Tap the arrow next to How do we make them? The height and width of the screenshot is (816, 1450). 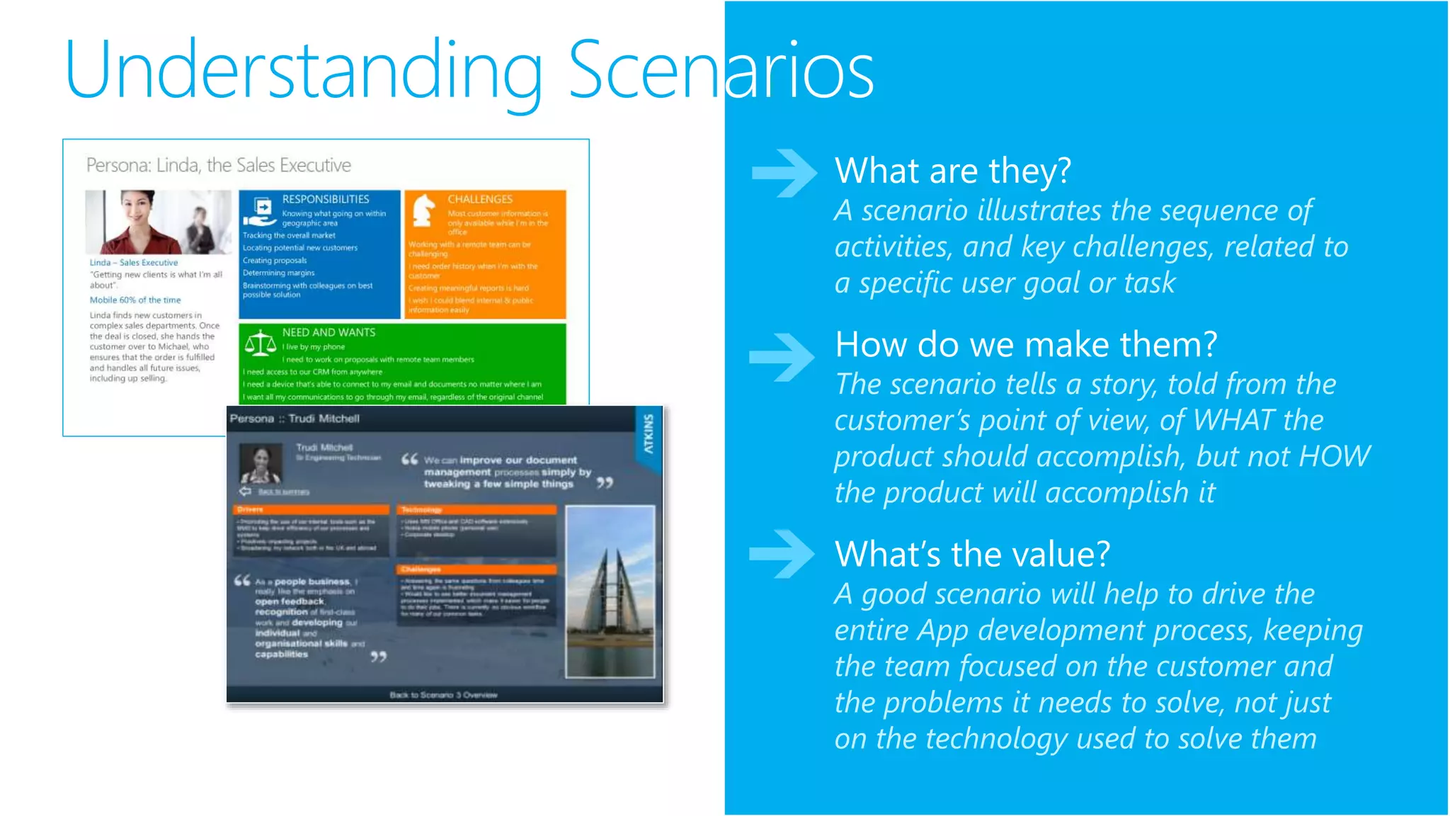pyautogui.click(x=782, y=356)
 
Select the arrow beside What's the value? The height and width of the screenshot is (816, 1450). pyautogui.click(x=782, y=553)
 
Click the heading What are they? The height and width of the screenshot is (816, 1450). pyautogui.click(x=952, y=171)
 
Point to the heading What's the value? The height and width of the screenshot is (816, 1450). pyautogui.click(x=972, y=554)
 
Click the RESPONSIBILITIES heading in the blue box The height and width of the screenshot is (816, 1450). pyautogui.click(x=326, y=199)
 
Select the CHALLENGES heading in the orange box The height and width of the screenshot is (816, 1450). pyautogui.click(x=480, y=199)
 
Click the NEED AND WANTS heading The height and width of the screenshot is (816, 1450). pyautogui.click(x=329, y=332)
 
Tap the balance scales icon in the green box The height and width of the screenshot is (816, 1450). pyautogui.click(x=260, y=344)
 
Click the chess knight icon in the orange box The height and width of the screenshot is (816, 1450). pyautogui.click(x=423, y=210)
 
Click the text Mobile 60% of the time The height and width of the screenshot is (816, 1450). pyautogui.click(x=135, y=300)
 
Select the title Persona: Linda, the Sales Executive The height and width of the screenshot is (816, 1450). pyautogui.click(x=218, y=165)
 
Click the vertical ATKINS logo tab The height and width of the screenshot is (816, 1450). pyautogui.click(x=648, y=434)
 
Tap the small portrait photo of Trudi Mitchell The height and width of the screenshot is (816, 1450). pyautogui.click(x=261, y=464)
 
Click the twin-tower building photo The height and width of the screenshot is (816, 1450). pyautogui.click(x=610, y=591)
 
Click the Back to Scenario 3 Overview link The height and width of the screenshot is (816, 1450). pyautogui.click(x=443, y=695)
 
